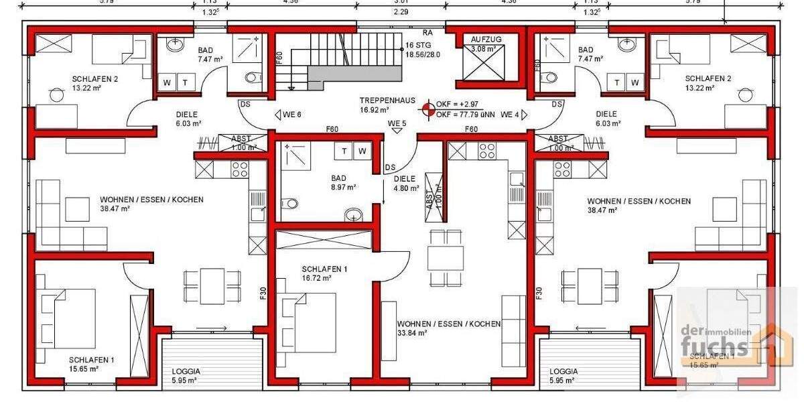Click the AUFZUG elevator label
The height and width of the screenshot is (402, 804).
point(486,40)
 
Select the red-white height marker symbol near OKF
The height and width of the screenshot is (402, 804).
point(427,110)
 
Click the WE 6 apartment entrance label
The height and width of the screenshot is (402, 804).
point(291,115)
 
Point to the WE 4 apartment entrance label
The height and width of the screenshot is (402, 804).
point(510,115)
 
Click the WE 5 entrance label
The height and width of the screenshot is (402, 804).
point(397,123)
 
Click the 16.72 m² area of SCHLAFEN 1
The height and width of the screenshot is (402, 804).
point(316,278)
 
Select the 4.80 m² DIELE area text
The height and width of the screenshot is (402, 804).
point(405,188)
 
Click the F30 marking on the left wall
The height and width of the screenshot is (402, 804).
point(263,293)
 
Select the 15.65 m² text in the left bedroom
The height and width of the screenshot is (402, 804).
point(84,368)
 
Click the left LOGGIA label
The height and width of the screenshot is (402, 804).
point(186,371)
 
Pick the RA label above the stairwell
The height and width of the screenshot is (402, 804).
point(427,32)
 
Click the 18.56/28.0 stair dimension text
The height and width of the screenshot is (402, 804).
point(423,55)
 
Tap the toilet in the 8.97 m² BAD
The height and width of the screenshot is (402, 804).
point(290,203)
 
